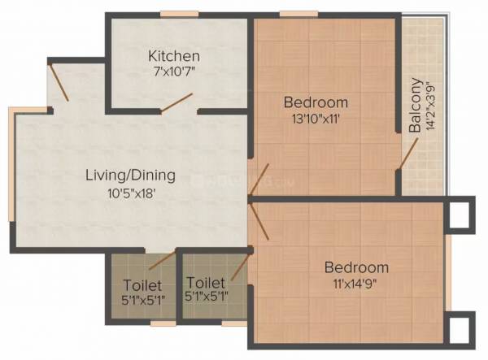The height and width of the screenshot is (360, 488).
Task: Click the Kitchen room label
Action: point(174,56)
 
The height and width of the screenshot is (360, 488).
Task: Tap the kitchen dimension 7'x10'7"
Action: point(174,71)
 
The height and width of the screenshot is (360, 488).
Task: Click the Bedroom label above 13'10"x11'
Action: point(316,102)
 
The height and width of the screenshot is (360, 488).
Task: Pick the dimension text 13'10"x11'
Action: point(316,118)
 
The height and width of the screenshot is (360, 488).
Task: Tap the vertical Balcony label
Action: point(416,105)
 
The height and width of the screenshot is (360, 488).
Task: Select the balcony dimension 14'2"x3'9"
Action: point(430,105)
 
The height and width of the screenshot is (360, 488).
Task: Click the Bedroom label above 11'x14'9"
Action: point(356,267)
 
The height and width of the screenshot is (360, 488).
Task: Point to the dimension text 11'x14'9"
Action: point(356,284)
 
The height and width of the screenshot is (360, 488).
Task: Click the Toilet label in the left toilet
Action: point(142,285)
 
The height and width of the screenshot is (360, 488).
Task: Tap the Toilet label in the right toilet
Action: point(206,283)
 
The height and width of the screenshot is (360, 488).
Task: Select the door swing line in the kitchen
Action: point(176,103)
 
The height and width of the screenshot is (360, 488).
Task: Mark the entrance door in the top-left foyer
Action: point(59,84)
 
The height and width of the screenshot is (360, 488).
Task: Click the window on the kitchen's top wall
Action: point(176,14)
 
